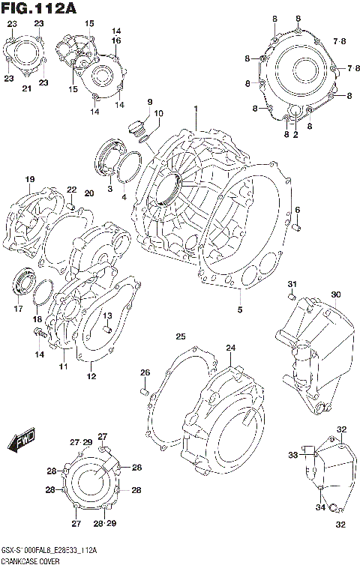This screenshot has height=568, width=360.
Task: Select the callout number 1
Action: coord(195,109)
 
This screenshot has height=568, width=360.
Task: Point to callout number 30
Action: coord(335,294)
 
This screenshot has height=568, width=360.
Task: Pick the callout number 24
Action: coord(230,348)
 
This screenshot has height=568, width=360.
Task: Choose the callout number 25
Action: coord(181,335)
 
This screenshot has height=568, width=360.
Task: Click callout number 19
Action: coord(30,179)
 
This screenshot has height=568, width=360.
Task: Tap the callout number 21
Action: coord(26,89)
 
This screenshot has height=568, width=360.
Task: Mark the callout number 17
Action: coord(19,308)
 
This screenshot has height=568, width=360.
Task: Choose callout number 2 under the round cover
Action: coord(295,135)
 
